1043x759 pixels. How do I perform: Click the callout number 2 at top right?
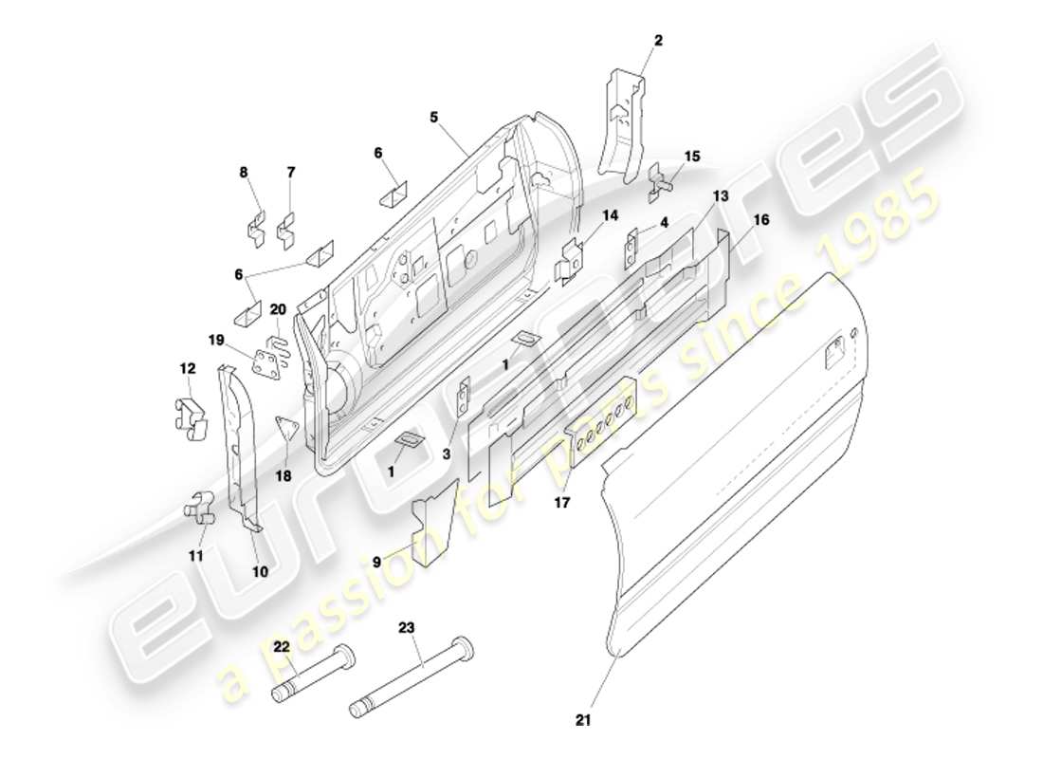[x=658, y=40]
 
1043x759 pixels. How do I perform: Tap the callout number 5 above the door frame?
[x=433, y=118]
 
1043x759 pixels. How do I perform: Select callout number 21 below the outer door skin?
[x=583, y=720]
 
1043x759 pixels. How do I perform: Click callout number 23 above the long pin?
[x=408, y=627]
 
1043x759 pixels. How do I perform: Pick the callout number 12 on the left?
[x=187, y=367]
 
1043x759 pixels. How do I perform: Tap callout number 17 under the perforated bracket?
[x=562, y=503]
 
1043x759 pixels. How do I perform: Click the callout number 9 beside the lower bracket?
[x=376, y=561]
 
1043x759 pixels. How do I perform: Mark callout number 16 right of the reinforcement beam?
[x=761, y=219]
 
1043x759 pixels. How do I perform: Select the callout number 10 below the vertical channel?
[x=259, y=571]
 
